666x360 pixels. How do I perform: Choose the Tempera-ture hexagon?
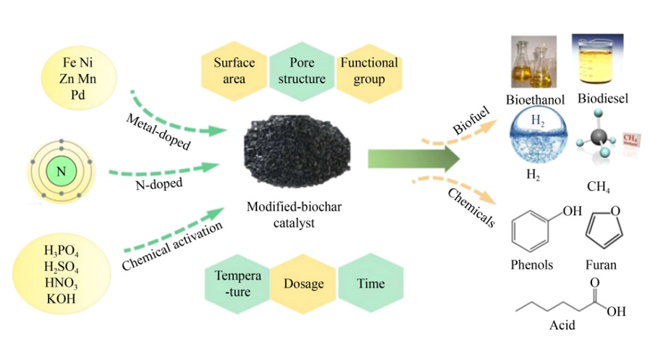(x=233, y=284)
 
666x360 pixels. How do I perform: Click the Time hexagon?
(x=371, y=284)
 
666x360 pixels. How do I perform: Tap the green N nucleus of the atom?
(x=62, y=172)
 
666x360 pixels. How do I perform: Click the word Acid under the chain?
(x=562, y=325)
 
